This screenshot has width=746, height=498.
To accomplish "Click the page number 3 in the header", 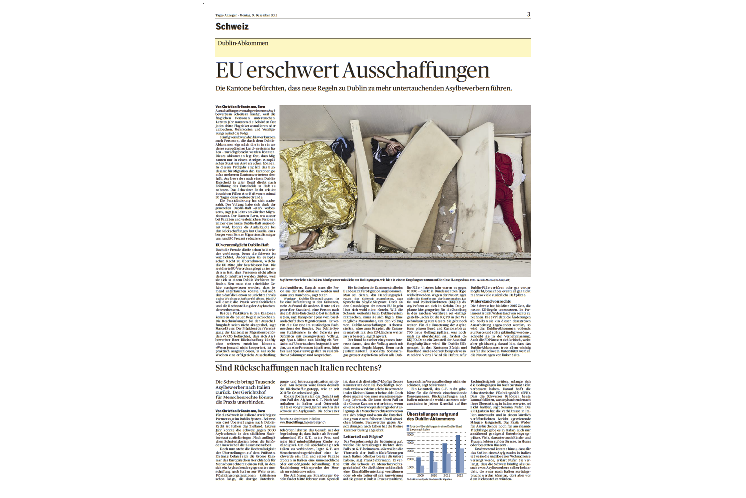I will coord(528,14).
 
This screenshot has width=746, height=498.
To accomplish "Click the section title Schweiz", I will coord(232,27).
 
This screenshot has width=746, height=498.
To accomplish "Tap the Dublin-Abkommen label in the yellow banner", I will coord(243,43).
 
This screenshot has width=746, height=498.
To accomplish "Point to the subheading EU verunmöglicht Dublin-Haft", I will coord(242,245).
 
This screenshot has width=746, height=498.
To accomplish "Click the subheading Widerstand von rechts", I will coord(490,301).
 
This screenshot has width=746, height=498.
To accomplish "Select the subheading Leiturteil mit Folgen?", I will coord(363,437).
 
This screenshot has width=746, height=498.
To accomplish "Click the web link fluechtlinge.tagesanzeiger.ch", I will coord(302,422).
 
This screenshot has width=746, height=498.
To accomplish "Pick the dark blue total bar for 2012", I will coord(458,454).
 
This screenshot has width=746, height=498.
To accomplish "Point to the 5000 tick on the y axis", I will coord(410,434).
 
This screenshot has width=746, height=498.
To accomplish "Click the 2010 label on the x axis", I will coord(433,475).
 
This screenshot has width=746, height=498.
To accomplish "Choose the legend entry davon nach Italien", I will coord(420,429).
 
